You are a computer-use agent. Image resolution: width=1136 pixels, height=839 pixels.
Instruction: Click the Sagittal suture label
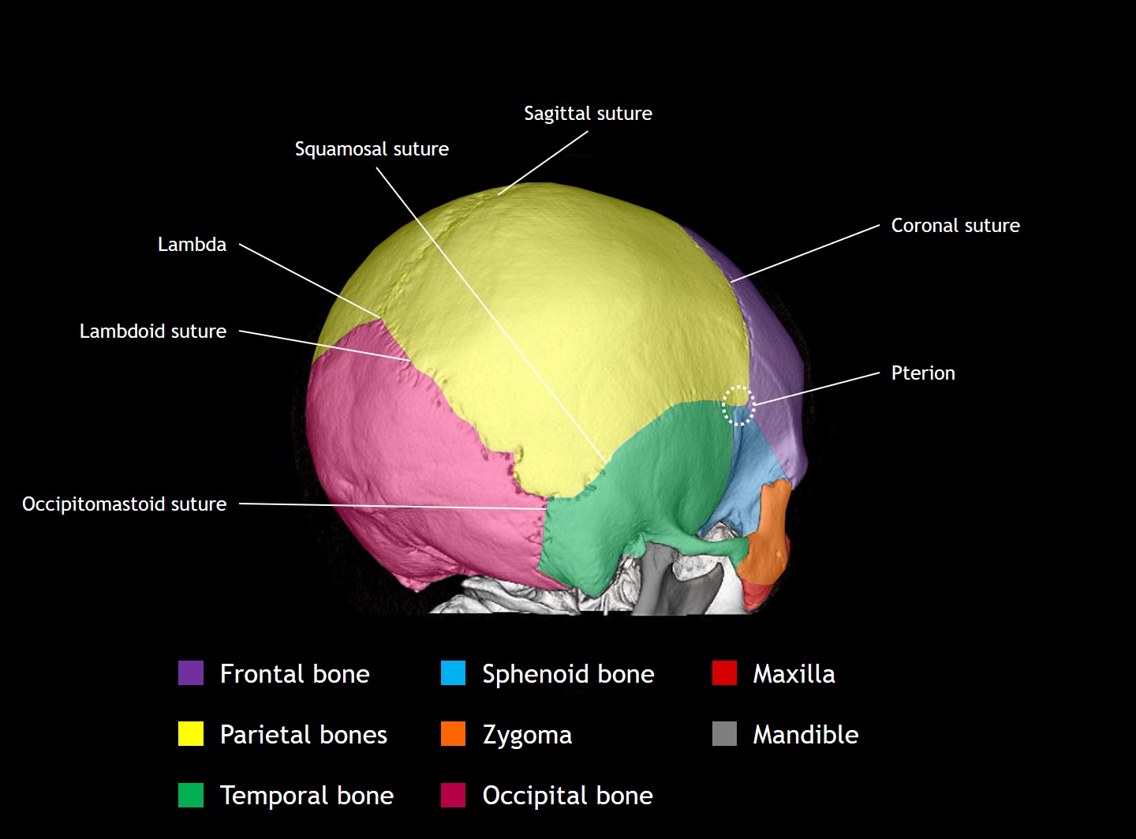(588, 114)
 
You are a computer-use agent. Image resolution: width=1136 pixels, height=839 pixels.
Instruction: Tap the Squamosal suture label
(372, 149)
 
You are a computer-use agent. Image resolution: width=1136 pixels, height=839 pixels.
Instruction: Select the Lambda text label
(192, 245)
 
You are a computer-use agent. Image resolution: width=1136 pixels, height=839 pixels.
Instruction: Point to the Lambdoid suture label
(153, 331)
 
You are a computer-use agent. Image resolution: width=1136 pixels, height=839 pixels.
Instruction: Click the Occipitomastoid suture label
(124, 504)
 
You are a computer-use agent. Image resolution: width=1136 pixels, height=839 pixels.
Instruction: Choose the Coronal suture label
(955, 226)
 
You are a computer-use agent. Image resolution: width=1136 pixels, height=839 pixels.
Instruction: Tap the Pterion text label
(923, 373)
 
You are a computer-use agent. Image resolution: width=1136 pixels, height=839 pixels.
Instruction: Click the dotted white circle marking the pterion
(738, 405)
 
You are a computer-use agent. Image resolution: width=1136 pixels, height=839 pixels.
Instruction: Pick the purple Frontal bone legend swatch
(191, 673)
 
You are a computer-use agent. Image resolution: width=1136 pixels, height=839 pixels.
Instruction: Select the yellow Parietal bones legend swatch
(191, 734)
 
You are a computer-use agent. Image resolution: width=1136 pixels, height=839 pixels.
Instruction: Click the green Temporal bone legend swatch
(191, 795)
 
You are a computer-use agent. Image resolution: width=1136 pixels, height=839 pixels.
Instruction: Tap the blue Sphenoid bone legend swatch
(453, 673)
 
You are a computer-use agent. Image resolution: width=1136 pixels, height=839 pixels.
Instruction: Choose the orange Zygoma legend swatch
(453, 734)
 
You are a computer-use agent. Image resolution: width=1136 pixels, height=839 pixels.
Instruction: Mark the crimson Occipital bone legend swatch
(453, 795)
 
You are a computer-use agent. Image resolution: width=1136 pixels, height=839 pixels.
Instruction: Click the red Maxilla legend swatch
(724, 673)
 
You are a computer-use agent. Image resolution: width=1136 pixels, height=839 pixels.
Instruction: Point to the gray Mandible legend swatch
(724, 734)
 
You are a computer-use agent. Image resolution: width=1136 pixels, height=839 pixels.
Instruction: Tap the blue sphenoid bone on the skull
(749, 481)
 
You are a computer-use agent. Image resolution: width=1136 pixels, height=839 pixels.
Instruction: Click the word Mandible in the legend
(805, 735)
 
